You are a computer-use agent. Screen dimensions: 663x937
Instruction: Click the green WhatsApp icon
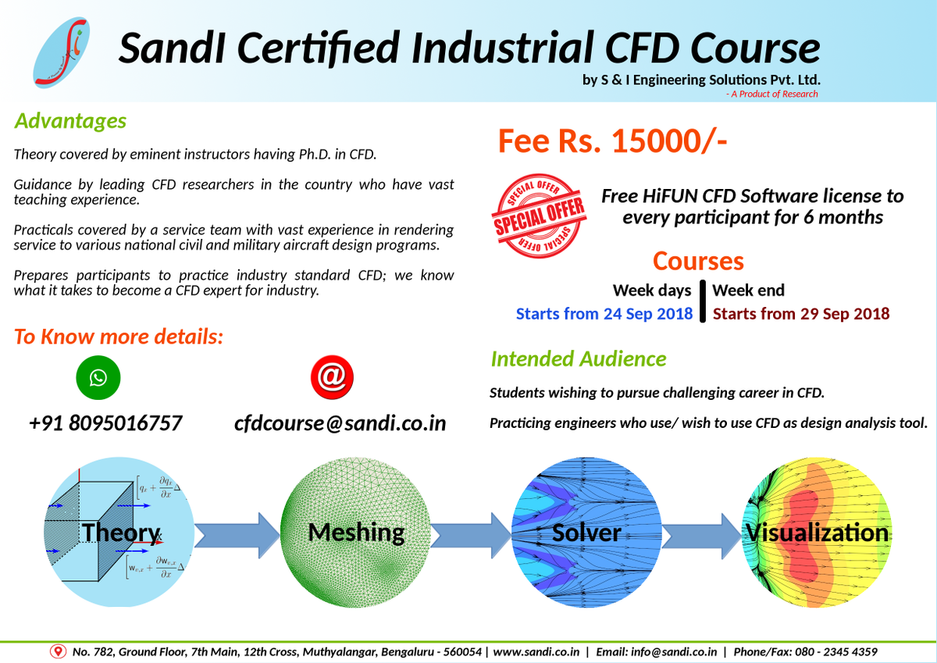(98, 378)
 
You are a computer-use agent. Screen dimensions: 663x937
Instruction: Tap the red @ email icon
(332, 378)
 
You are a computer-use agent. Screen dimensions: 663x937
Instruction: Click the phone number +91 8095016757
(105, 423)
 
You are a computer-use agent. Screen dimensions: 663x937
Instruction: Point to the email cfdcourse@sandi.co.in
(340, 423)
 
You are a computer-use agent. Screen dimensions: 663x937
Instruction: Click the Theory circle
(120, 533)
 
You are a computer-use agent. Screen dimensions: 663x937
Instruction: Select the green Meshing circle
(356, 533)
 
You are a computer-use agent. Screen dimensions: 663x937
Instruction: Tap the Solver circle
(586, 533)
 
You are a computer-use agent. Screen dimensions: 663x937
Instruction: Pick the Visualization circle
(817, 533)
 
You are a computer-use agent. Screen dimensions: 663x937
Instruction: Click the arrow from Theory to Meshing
(237, 535)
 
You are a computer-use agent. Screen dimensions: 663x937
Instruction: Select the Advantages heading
(70, 121)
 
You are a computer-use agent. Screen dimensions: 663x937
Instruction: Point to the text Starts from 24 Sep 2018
(604, 314)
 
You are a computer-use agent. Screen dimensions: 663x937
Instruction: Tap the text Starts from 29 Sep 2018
(801, 314)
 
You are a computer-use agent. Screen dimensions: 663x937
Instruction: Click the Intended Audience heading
(579, 359)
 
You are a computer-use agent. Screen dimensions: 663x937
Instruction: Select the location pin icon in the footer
(57, 651)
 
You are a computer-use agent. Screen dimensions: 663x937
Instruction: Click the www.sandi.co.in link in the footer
(536, 651)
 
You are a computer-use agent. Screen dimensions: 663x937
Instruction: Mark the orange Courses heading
(698, 261)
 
